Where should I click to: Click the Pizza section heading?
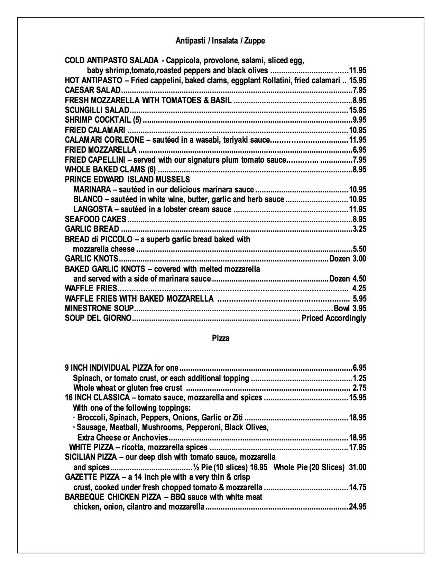[x=220, y=338]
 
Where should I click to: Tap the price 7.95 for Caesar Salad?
[x=359, y=91]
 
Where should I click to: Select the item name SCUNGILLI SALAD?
[x=97, y=110]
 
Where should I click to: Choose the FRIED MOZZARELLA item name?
[x=101, y=150]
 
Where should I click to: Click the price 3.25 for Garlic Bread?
[x=359, y=229]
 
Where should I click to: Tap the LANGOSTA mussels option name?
[x=93, y=209]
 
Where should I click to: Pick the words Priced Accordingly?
[x=334, y=318]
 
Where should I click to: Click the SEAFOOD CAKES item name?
[x=95, y=219]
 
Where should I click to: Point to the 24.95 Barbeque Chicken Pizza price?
[x=358, y=507]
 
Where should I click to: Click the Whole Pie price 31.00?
[x=358, y=467]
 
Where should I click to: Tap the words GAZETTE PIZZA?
[x=91, y=477]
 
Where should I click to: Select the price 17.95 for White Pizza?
[x=358, y=447]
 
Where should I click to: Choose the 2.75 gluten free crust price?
[x=359, y=388]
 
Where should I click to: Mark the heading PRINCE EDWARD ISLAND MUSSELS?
[x=127, y=180]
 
